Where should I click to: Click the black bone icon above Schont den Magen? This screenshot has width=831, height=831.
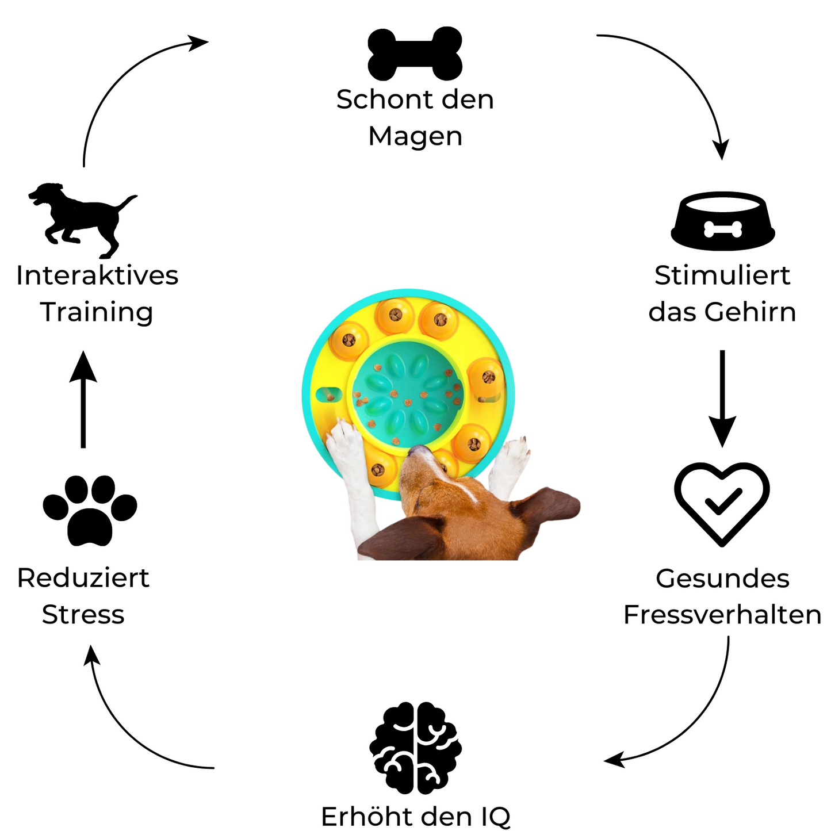pyautogui.click(x=415, y=53)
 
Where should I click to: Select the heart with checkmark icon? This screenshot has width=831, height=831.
pyautogui.click(x=722, y=503)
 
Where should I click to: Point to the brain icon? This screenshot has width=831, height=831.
pyautogui.click(x=415, y=747)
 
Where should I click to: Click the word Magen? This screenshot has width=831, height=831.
pyautogui.click(x=415, y=137)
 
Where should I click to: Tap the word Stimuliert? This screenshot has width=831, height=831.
pyautogui.click(x=722, y=275)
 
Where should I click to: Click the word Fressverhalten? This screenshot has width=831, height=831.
pyautogui.click(x=722, y=615)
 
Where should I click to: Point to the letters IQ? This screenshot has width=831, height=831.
pyautogui.click(x=495, y=817)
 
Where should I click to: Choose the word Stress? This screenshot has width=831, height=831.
pyautogui.click(x=83, y=615)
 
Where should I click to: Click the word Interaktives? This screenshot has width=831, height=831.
pyautogui.click(x=97, y=275)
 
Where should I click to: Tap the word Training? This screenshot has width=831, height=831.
pyautogui.click(x=97, y=312)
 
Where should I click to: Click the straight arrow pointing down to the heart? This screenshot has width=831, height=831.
pyautogui.click(x=722, y=397)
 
